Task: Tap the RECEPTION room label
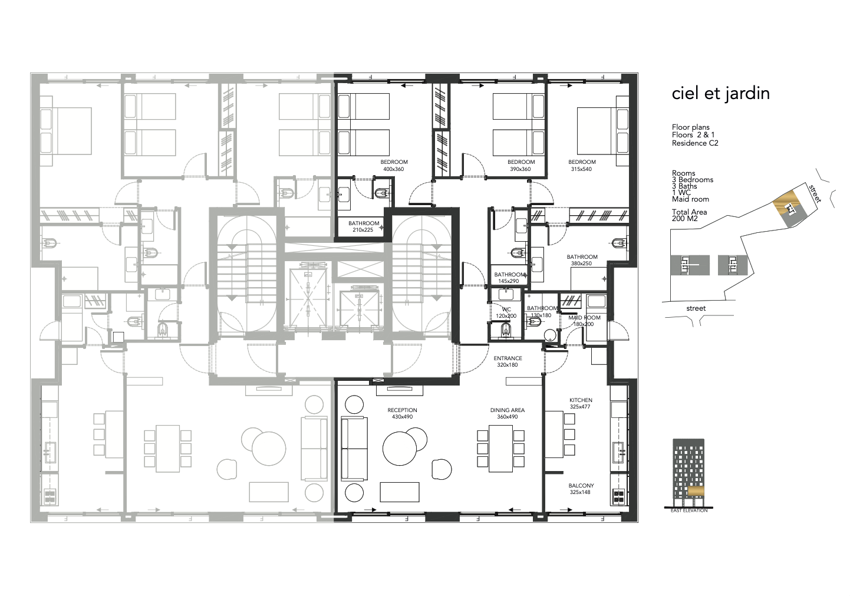pos(402,410)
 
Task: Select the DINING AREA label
pos(508,410)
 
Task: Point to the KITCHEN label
pos(581,400)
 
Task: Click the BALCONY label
pos(581,486)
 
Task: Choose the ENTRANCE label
pos(508,358)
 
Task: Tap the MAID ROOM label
pos(584,317)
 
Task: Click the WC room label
pos(506,309)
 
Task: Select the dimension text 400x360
pos(394,169)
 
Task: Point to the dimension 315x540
pos(581,169)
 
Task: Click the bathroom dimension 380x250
pos(581,263)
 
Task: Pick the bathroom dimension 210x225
pos(363,230)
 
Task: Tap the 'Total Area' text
pos(689,212)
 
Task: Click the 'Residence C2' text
pos(695,143)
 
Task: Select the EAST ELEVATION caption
pos(689,511)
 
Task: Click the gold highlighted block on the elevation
pos(696,491)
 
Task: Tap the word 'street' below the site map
pos(696,308)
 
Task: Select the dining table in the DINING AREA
pos(501,449)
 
